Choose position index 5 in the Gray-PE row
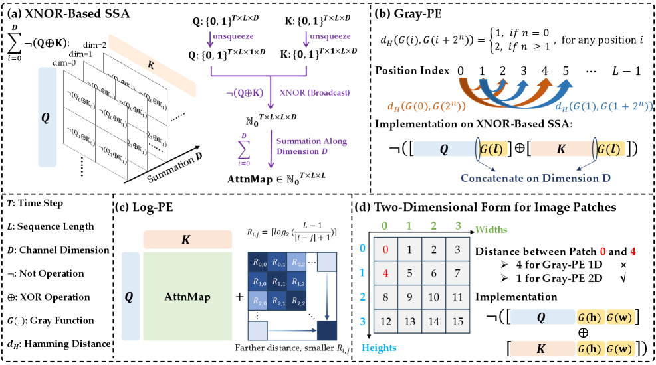[x=565, y=70]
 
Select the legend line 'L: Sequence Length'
[x=51, y=226]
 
